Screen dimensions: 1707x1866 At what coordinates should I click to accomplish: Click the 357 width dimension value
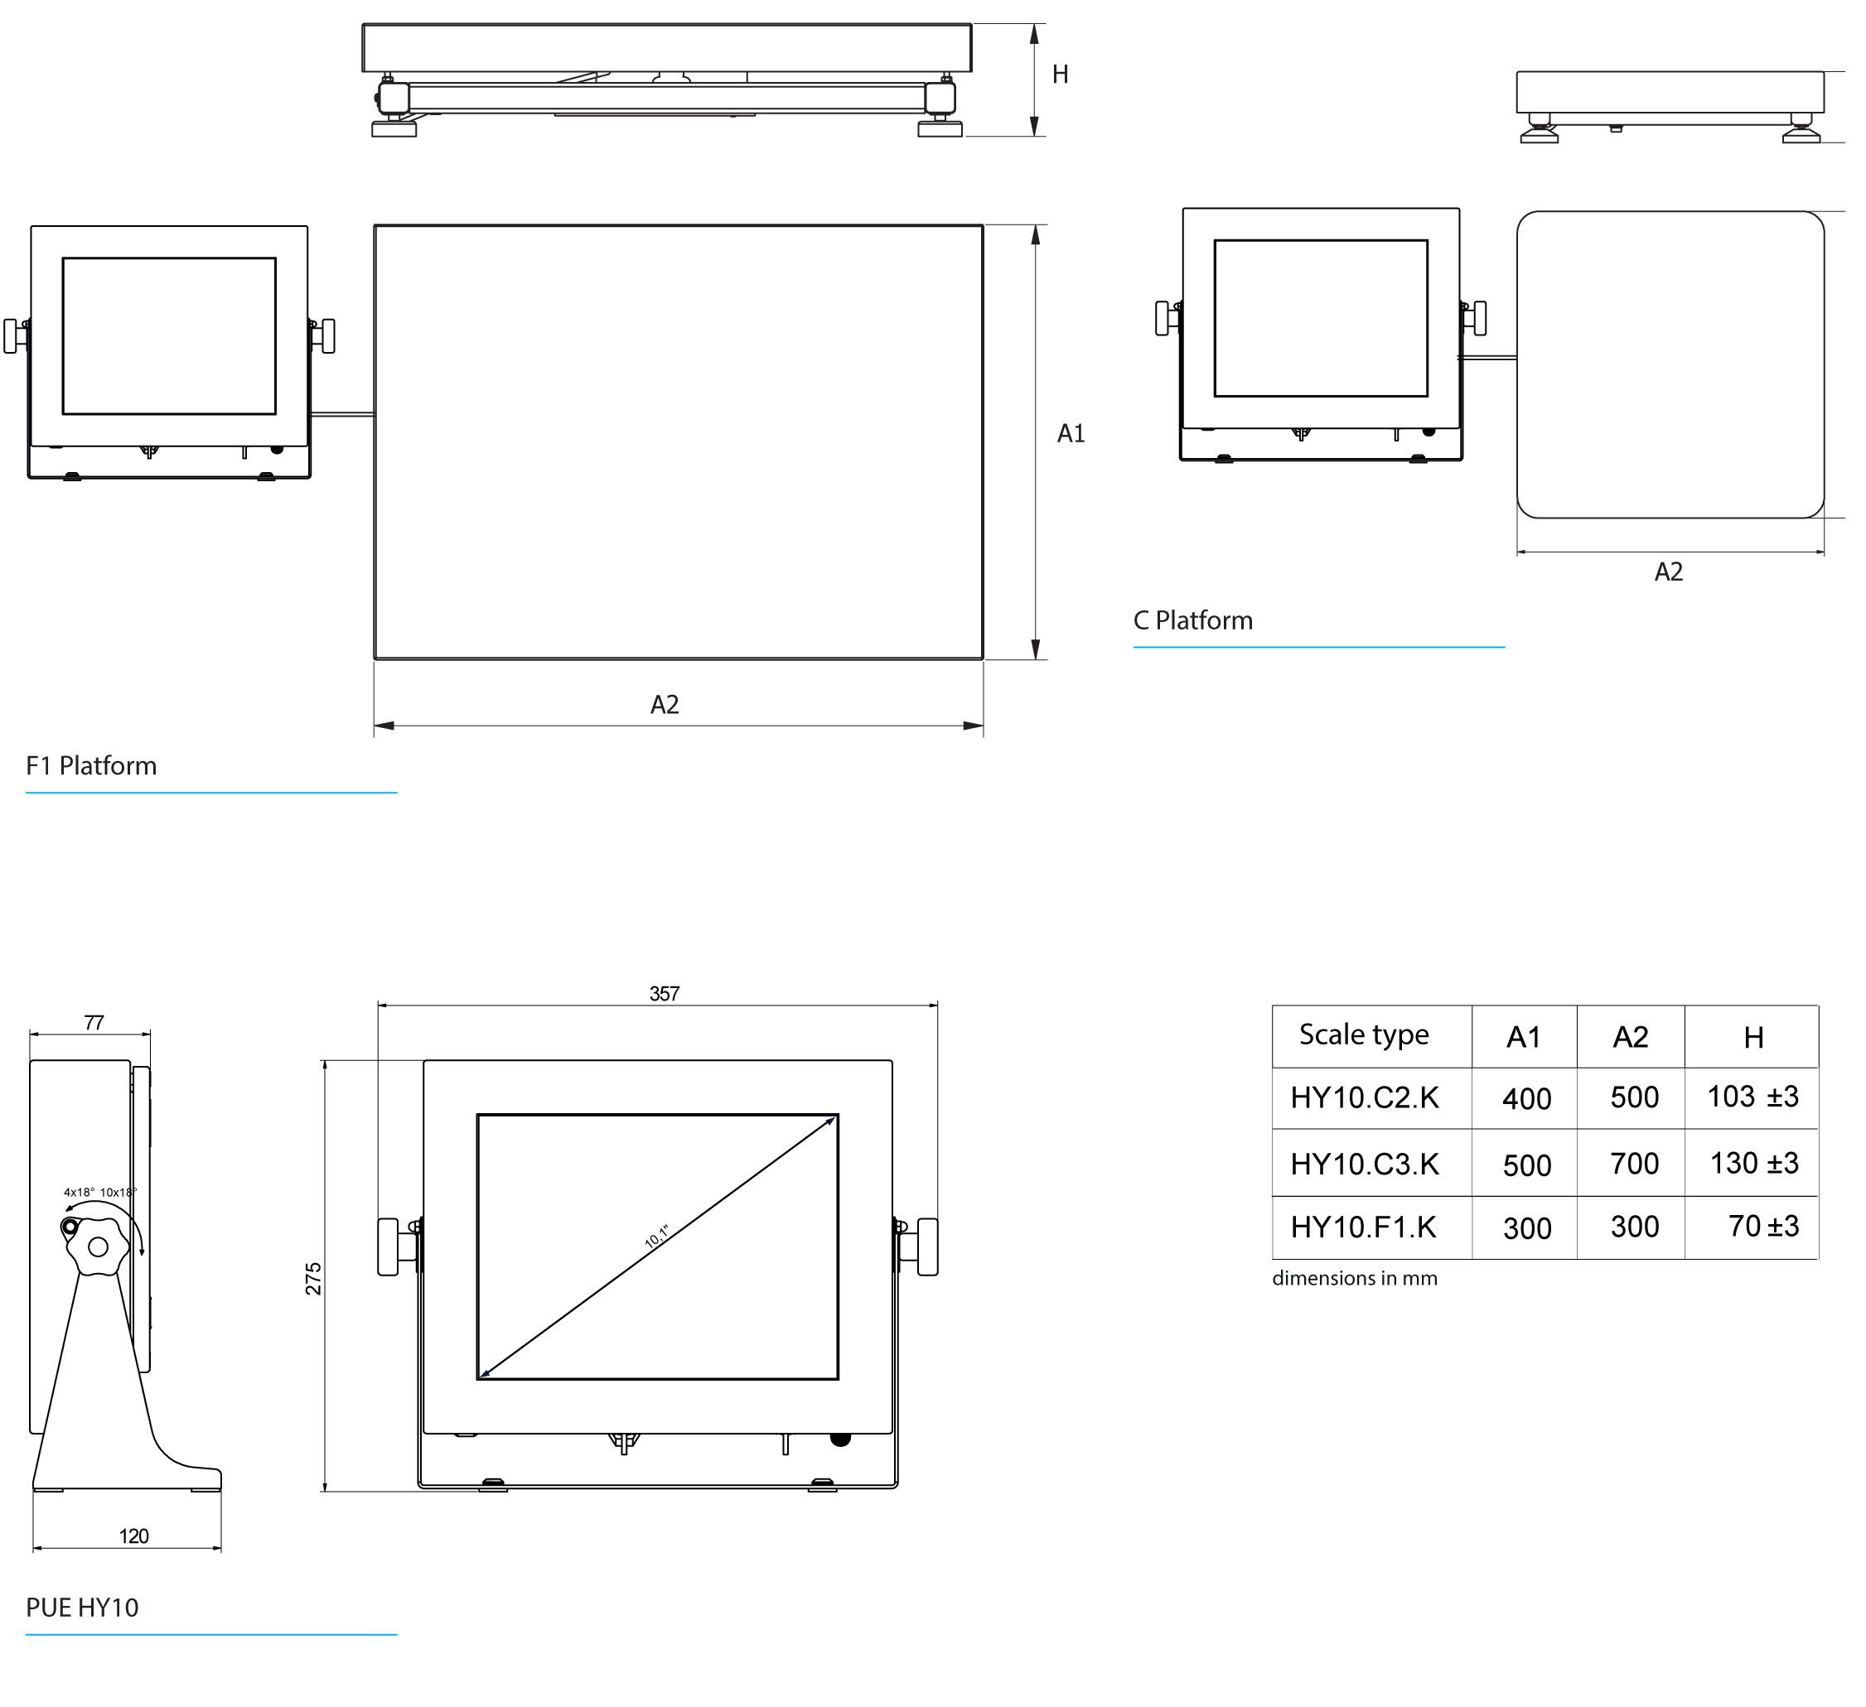tap(665, 994)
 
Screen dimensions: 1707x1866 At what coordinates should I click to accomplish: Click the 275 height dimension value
tap(314, 1278)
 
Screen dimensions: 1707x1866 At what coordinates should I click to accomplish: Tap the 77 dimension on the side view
tap(94, 1022)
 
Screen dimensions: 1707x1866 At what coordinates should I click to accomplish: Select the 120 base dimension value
tap(133, 1536)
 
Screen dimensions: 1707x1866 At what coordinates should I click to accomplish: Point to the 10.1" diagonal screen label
tap(656, 1236)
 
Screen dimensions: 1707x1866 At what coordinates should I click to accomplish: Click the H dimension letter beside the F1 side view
tap(1060, 74)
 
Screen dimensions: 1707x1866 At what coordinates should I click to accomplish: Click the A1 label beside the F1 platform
tap(1071, 433)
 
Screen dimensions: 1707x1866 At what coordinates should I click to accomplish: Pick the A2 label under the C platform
tap(1668, 571)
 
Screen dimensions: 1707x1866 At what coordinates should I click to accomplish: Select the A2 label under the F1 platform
tap(665, 705)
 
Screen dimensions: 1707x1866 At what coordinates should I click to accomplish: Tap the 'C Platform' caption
tap(1193, 621)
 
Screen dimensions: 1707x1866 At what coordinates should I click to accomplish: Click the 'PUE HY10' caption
tap(82, 1607)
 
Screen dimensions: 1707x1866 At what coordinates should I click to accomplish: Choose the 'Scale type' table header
tap(1363, 1034)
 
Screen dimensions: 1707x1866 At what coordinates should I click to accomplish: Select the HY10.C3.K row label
tap(1365, 1164)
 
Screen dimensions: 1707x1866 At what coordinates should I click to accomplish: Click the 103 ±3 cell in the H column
tap(1752, 1097)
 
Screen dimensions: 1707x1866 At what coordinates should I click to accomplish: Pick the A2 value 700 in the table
tap(1634, 1164)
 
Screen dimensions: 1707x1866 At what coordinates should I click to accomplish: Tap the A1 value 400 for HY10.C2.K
tap(1526, 1099)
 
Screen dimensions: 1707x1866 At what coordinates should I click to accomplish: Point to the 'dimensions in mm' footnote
tap(1354, 1279)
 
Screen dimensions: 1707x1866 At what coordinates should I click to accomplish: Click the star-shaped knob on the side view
tap(97, 1247)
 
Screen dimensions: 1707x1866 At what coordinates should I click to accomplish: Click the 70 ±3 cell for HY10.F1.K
tap(1762, 1227)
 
